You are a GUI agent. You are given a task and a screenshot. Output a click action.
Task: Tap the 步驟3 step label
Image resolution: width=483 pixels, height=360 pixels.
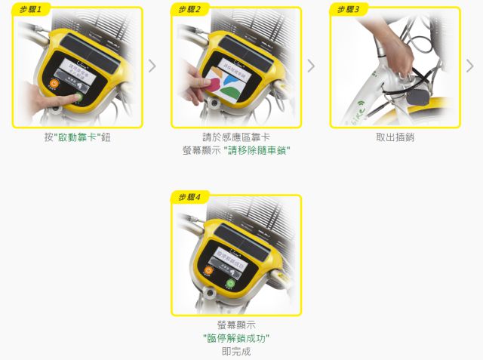pyautogui.click(x=348, y=10)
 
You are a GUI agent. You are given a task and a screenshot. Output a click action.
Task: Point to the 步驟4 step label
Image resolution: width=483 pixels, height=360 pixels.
pyautogui.click(x=189, y=198)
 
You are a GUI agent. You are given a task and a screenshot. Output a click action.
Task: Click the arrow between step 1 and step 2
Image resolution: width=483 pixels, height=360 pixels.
pyautogui.click(x=152, y=66)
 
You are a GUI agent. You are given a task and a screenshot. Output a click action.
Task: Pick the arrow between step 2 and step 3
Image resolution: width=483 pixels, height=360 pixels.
pyautogui.click(x=311, y=66)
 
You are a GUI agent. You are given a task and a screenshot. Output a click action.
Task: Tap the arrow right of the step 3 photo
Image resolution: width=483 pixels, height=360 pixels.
pyautogui.click(x=470, y=66)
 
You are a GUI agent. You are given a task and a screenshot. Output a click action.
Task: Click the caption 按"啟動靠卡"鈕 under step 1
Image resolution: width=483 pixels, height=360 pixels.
pyautogui.click(x=78, y=138)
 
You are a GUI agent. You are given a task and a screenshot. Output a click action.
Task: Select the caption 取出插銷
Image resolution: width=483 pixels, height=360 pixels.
pyautogui.click(x=395, y=138)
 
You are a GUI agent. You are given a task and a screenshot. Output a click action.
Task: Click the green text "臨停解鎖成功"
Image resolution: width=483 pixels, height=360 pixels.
pyautogui.click(x=236, y=338)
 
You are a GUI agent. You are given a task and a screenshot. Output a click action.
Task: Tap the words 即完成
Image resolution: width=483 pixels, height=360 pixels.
pyautogui.click(x=236, y=352)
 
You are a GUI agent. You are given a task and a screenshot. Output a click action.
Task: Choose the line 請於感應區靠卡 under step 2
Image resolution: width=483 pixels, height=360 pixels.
pyautogui.click(x=236, y=138)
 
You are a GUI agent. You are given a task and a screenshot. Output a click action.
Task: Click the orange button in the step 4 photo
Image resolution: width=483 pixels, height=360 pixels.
pyautogui.click(x=209, y=271)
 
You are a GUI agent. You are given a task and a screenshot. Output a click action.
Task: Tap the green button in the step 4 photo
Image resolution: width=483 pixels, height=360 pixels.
pyautogui.click(x=230, y=284)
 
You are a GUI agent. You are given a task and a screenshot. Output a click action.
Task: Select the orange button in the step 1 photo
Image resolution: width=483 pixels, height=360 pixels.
pyautogui.click(x=54, y=85)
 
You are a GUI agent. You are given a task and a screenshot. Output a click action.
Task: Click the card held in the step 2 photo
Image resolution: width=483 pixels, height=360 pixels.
pyautogui.click(x=208, y=82)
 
